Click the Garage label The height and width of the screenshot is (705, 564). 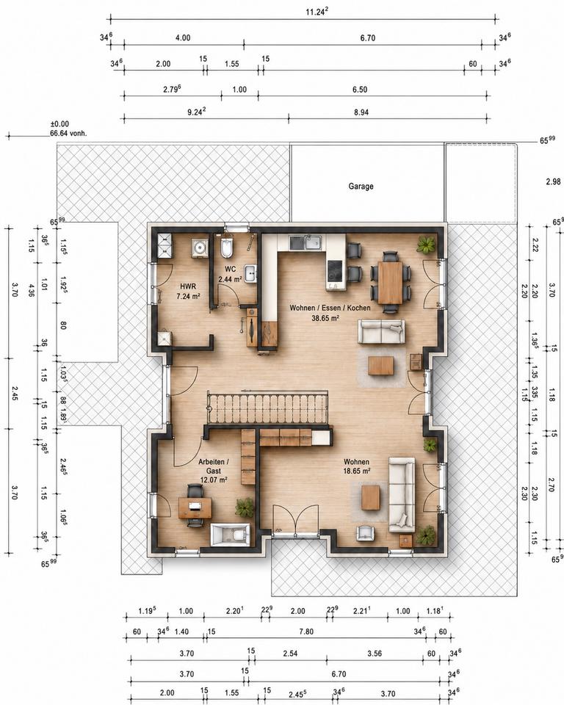[361, 186]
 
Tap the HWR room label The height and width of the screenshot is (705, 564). [188, 286]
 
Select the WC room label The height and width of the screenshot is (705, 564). [231, 270]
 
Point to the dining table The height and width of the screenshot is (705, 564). [390, 282]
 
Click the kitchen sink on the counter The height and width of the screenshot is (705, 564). [314, 243]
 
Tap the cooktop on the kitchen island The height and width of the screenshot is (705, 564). [334, 271]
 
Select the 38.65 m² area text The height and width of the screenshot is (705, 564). [325, 318]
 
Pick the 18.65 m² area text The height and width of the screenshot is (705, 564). [357, 471]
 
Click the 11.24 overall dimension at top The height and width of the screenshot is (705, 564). [317, 12]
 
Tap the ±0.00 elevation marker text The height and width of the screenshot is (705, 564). [59, 124]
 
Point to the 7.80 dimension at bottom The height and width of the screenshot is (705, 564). [306, 632]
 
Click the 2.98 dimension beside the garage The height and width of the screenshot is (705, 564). [553, 181]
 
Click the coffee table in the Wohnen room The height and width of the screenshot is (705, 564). [371, 497]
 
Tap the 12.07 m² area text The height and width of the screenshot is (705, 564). [213, 480]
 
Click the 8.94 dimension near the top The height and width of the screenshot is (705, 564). [361, 112]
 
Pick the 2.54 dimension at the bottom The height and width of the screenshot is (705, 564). [291, 654]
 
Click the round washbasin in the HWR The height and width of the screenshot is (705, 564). [199, 247]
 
